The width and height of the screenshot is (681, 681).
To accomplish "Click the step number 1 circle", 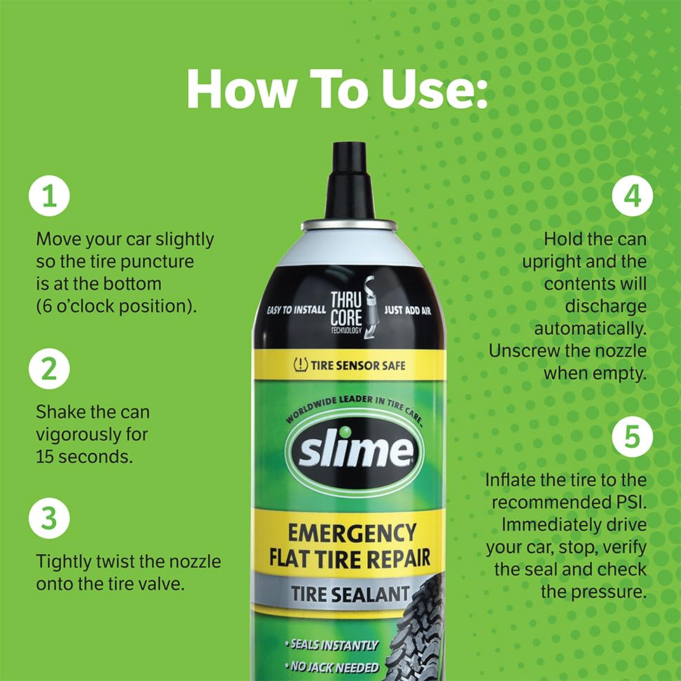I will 49,197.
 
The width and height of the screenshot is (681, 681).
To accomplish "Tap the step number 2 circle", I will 49,369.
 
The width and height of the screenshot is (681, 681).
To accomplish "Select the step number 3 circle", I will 49,519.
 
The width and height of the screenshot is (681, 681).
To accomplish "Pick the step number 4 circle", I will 632,197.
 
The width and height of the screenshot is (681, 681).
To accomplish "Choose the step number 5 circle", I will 632,437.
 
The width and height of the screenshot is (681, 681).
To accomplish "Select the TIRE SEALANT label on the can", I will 350,593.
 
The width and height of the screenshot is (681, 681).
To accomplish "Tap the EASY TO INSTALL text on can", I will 296,310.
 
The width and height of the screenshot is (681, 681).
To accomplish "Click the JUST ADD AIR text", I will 407,310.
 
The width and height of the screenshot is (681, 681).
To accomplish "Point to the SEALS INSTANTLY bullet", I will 332,644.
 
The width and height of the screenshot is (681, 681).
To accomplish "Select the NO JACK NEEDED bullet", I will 332,667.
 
